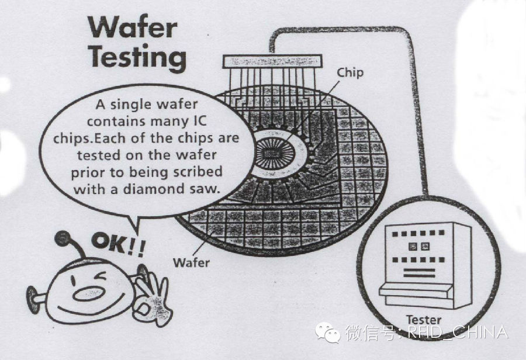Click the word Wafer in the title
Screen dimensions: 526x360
[x=133, y=27]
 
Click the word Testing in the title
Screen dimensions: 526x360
[x=138, y=58]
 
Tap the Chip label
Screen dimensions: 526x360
[x=350, y=72]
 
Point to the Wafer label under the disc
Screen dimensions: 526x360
[x=191, y=262]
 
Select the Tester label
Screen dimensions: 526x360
[x=423, y=320]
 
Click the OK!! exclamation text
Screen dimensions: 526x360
[x=119, y=244]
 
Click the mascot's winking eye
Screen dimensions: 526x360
[x=99, y=277]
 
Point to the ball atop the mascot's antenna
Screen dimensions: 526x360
[x=63, y=239]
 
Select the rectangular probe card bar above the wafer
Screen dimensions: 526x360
[x=272, y=62]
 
